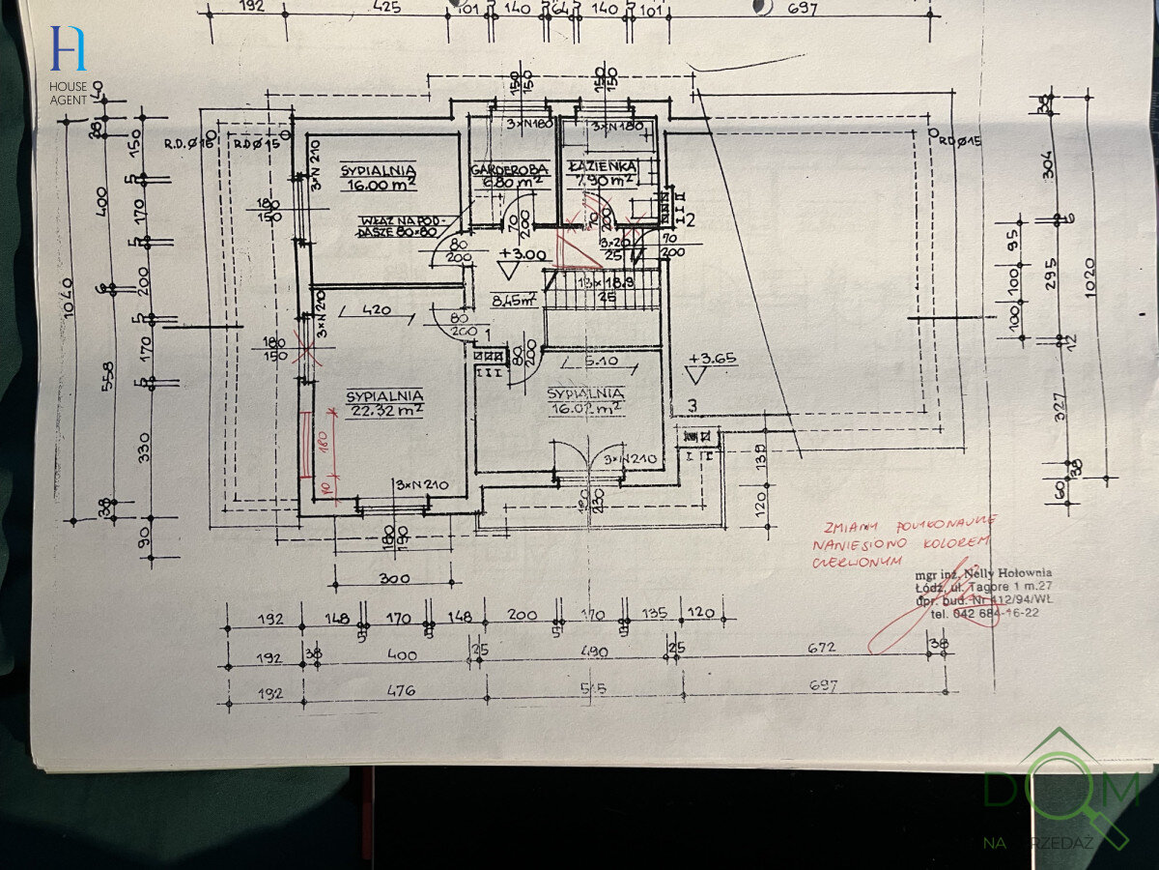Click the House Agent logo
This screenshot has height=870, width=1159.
pos(69,63)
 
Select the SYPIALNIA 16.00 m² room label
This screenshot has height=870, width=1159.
pos(379,179)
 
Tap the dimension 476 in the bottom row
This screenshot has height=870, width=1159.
pos(401,690)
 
